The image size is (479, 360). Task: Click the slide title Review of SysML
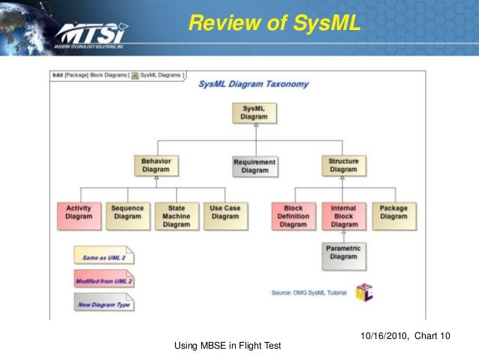pyautogui.click(x=274, y=25)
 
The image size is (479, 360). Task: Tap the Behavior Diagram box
pyautogui.click(x=156, y=165)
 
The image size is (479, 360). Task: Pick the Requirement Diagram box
pyautogui.click(x=255, y=166)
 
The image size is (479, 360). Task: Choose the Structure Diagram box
pyautogui.click(x=343, y=165)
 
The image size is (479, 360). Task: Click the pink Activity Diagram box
pyautogui.click(x=79, y=212)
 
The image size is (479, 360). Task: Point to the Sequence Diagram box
pyautogui.click(x=127, y=212)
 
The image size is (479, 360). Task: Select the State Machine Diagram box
pyautogui.click(x=176, y=216)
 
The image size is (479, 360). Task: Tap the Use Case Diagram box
pyautogui.click(x=224, y=212)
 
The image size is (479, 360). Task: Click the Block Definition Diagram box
pyautogui.click(x=294, y=216)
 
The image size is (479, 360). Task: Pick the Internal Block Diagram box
pyautogui.click(x=344, y=216)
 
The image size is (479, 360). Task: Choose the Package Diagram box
pyautogui.click(x=393, y=212)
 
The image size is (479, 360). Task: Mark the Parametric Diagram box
pyautogui.click(x=344, y=253)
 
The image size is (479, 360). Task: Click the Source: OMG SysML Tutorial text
pyautogui.click(x=309, y=292)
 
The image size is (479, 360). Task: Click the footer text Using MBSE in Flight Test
pyautogui.click(x=227, y=346)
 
